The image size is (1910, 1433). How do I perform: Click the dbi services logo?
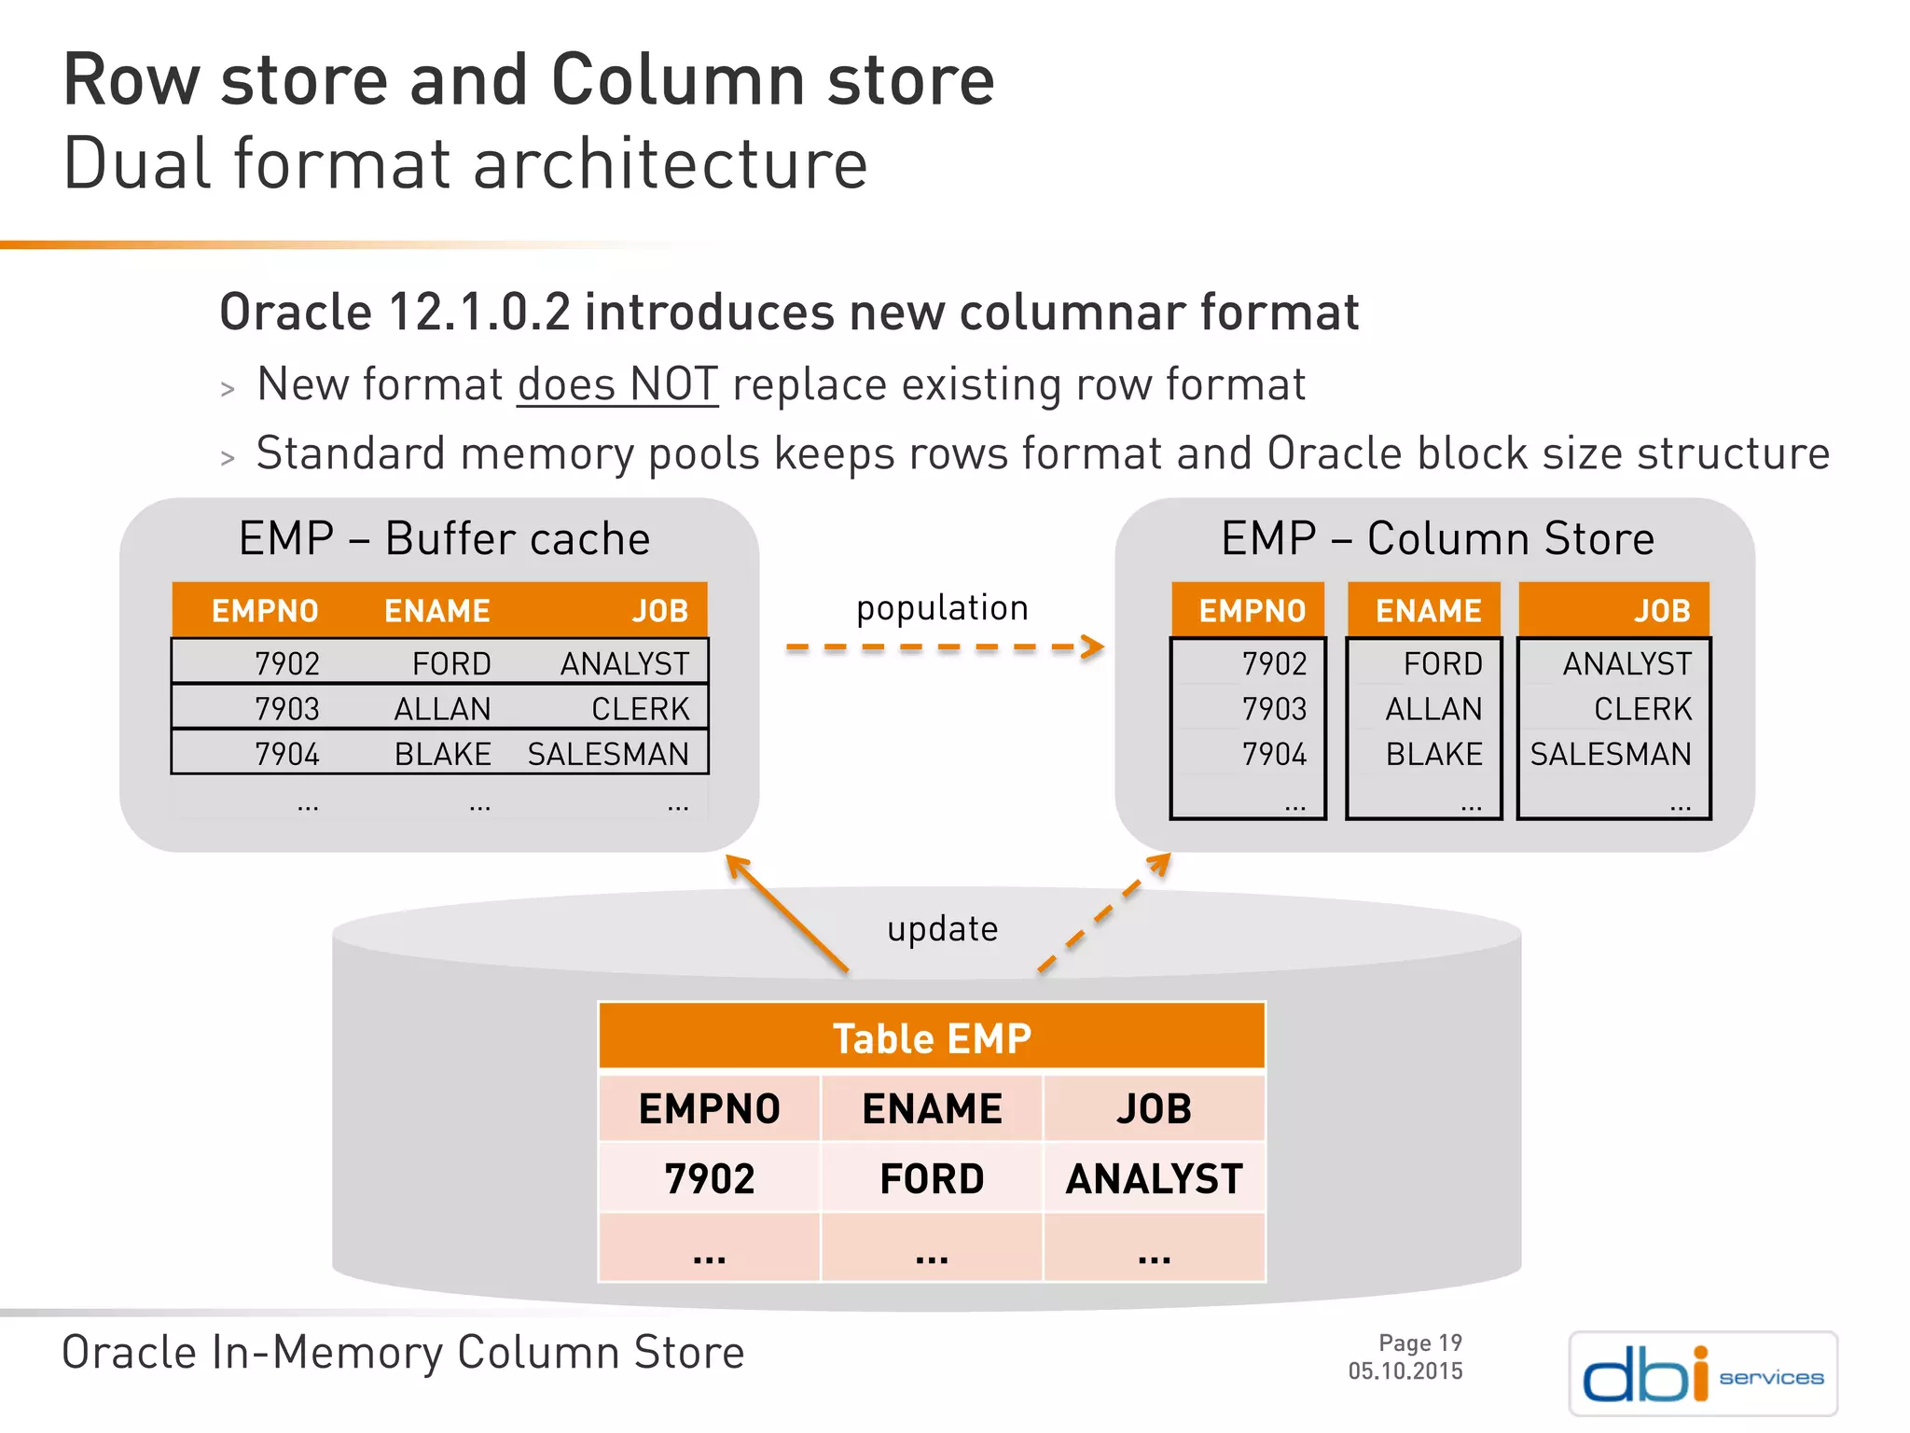tap(1703, 1374)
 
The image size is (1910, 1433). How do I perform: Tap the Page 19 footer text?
tap(1419, 1343)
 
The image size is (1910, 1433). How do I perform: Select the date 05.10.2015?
tap(1405, 1371)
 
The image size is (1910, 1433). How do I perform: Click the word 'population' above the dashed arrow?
tap(942, 608)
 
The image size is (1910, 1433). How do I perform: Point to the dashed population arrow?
tap(944, 647)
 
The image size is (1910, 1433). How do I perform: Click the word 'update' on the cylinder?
tap(942, 929)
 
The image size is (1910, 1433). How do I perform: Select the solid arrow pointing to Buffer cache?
tap(787, 914)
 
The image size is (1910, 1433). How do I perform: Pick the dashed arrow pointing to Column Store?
tap(1104, 914)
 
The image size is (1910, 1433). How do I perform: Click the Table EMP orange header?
tap(932, 1037)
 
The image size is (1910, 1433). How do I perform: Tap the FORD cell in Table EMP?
tap(932, 1178)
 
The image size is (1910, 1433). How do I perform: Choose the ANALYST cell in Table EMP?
tap(1154, 1178)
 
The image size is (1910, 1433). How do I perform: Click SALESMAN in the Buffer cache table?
tap(608, 754)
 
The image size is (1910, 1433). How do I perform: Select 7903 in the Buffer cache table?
tap(287, 709)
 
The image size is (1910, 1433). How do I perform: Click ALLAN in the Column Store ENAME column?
tap(1433, 709)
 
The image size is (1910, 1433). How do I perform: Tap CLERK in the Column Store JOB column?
tap(1641, 709)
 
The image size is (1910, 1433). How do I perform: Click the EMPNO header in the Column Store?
tap(1252, 611)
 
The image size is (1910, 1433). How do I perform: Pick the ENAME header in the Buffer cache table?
tap(437, 611)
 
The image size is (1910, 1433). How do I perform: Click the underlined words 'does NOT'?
tap(617, 384)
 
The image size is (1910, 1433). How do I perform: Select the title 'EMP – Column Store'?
tap(1437, 538)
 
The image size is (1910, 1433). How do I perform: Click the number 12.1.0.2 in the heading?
tap(478, 312)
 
